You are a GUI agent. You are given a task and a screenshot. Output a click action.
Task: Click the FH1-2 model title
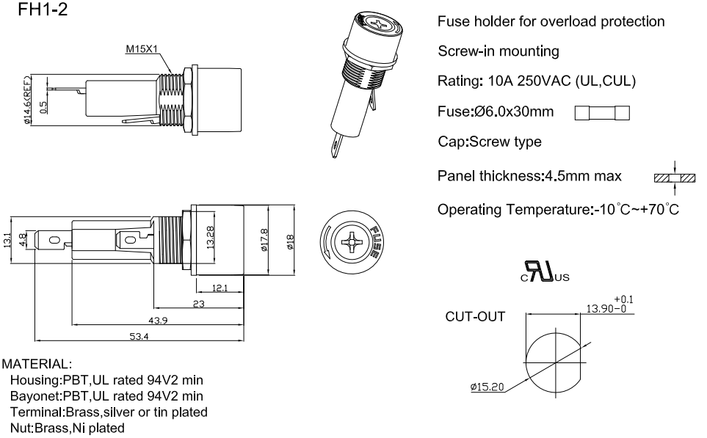(37, 12)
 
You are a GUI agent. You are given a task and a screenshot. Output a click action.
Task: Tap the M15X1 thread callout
(142, 50)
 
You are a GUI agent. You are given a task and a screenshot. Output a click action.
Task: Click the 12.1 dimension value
(220, 288)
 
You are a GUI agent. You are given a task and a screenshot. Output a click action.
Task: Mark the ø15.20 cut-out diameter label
(487, 386)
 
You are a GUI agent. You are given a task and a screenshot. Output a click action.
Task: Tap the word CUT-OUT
(475, 318)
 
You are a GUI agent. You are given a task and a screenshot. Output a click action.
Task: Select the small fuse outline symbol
(601, 113)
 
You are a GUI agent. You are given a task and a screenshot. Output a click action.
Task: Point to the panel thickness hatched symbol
(672, 177)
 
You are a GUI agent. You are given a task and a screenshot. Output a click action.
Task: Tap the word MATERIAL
(36, 364)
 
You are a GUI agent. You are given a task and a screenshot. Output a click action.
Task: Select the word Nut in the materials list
(20, 427)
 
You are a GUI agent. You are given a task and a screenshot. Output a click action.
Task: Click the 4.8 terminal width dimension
(23, 239)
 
